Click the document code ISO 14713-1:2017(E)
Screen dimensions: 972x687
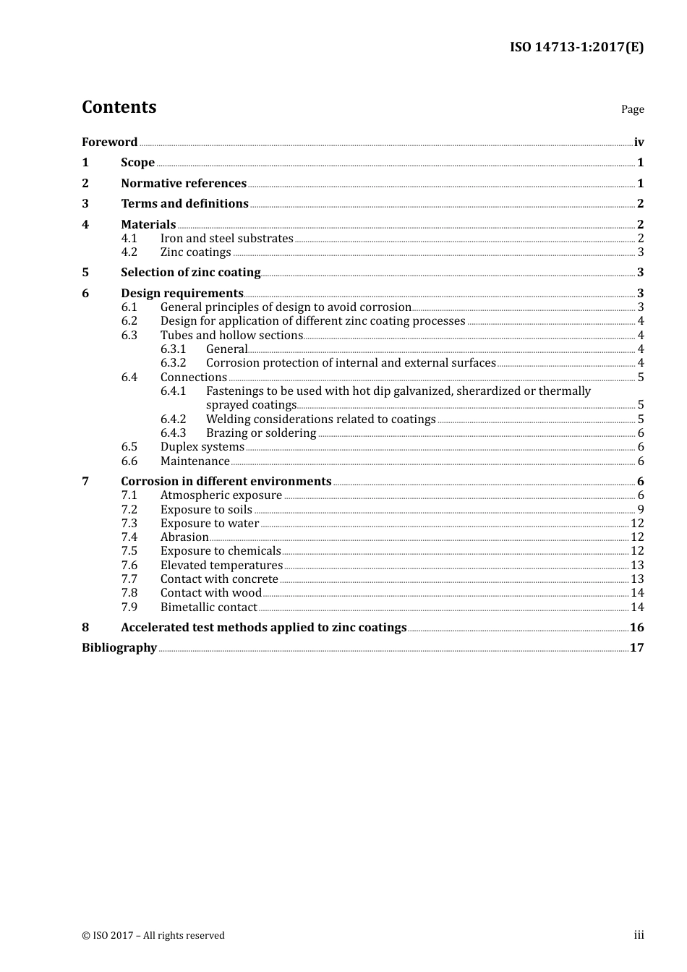[x=576, y=48]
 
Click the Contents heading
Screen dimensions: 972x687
[x=119, y=107]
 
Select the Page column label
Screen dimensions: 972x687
[x=632, y=109]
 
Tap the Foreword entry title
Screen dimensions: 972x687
[x=109, y=142]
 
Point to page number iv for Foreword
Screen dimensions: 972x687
[x=639, y=142]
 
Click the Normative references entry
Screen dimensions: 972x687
[x=184, y=184]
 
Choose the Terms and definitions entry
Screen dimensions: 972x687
[x=184, y=204]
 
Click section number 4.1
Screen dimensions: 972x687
[x=129, y=239]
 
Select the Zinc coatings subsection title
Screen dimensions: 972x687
[x=195, y=252]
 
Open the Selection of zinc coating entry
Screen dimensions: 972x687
[x=190, y=273]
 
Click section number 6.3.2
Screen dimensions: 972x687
[x=173, y=363]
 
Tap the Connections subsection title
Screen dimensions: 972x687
[x=193, y=378]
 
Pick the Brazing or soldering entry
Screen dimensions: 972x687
[x=261, y=433]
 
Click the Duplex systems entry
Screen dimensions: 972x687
[x=202, y=447]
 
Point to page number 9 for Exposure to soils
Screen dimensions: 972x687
[x=641, y=510]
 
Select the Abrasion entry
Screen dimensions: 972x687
[x=184, y=537]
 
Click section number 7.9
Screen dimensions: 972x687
[x=129, y=607]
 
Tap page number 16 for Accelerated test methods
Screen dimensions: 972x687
[x=636, y=628]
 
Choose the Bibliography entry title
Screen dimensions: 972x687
[x=119, y=648]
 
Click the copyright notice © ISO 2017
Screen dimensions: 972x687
[x=153, y=936]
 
